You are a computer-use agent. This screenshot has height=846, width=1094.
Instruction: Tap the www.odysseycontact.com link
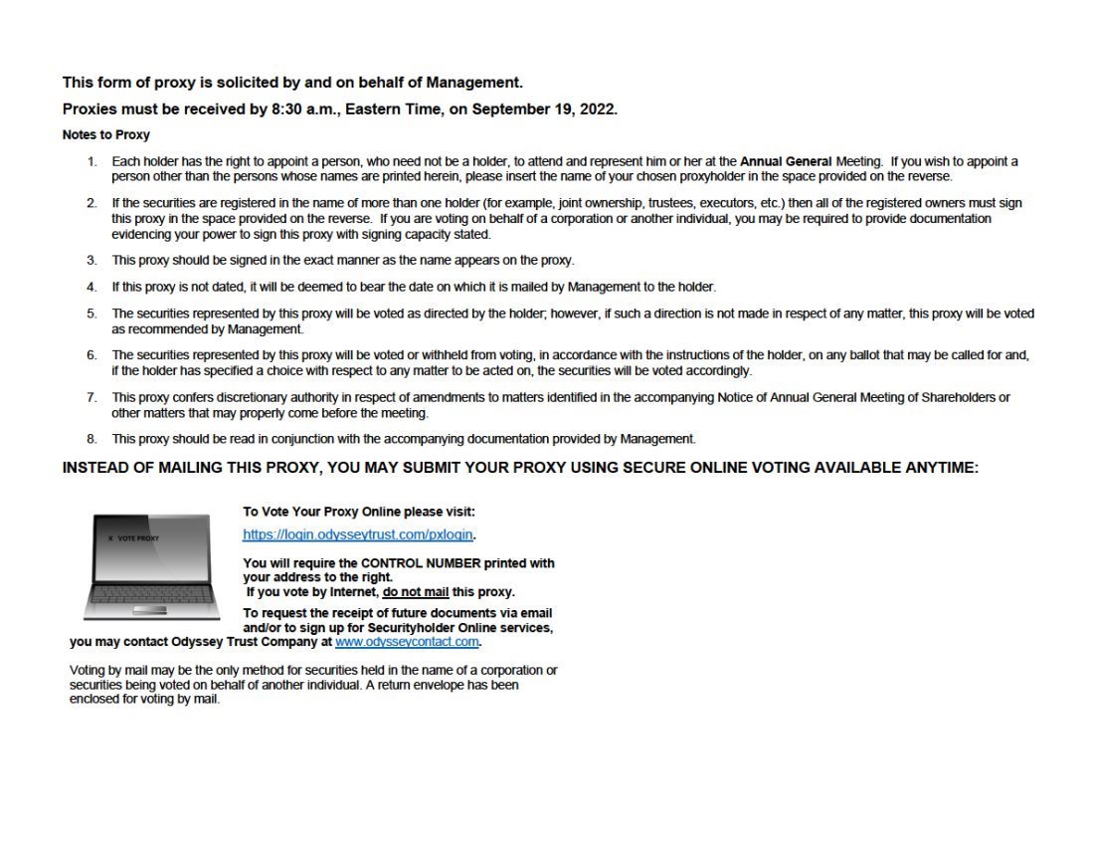[407, 642]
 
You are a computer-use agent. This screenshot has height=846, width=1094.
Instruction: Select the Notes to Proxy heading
[105, 135]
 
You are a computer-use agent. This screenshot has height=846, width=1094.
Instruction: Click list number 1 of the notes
[91, 161]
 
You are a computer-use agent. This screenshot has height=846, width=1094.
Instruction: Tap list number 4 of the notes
[91, 287]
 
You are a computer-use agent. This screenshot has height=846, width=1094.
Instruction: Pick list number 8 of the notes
[91, 439]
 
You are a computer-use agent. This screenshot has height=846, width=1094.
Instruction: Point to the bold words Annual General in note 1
[786, 161]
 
